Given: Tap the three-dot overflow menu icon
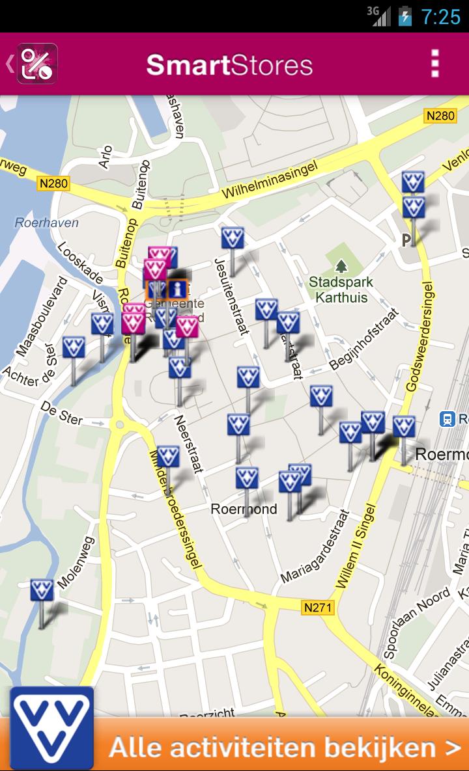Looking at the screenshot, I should pos(435,64).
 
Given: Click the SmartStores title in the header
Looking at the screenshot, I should pos(229,65).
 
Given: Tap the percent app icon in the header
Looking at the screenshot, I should pos(37,64).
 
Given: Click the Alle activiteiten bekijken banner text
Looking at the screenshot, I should pos(285,747).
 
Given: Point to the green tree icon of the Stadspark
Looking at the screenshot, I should pos(340,266).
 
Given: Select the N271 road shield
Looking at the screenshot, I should pos(318,608).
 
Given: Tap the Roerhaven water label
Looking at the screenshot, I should pos(46,223).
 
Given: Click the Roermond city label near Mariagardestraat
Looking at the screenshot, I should pos(244,509).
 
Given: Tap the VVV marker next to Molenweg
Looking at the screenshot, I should pos(42,591).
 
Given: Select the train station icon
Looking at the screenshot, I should pos(448,419).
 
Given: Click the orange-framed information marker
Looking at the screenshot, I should pos(177,289).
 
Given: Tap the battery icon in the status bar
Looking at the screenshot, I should pos(405,16).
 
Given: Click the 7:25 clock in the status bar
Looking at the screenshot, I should pos(441,16).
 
